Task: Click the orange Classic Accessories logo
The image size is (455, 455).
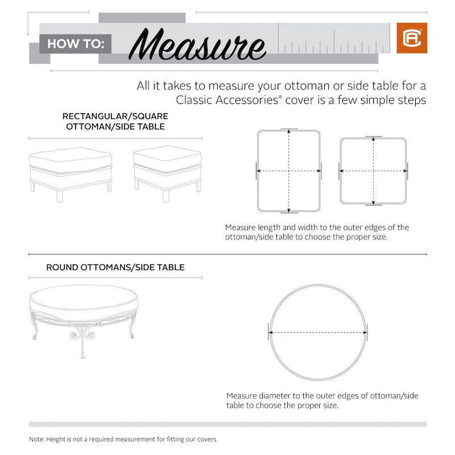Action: coord(408,38)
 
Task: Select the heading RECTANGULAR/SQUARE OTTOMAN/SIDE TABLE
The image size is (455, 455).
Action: coord(115,121)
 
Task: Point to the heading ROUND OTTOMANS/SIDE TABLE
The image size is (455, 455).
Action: coord(115,267)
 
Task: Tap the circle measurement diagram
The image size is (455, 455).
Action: coord(318,332)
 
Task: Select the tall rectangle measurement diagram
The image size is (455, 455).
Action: coord(289,170)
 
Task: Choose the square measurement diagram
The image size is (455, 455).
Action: coord(373,170)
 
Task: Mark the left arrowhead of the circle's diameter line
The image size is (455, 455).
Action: coord(271,332)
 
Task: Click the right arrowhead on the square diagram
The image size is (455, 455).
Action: coord(405,170)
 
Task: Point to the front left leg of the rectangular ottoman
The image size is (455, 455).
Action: coord(59,196)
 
